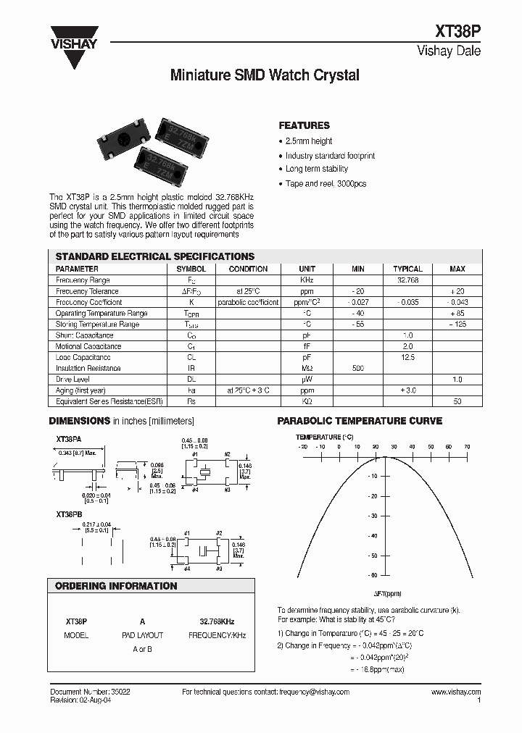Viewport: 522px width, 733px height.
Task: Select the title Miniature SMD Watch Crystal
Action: click(x=264, y=75)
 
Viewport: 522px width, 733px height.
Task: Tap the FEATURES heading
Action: click(x=304, y=125)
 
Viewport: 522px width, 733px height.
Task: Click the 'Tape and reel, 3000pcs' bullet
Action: click(x=326, y=183)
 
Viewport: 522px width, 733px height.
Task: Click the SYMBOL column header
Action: click(x=191, y=269)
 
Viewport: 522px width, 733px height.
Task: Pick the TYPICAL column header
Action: click(x=407, y=269)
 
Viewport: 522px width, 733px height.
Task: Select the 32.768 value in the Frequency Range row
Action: click(x=407, y=280)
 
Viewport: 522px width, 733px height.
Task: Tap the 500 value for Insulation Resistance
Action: click(x=358, y=369)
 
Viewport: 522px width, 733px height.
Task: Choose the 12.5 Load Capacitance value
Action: click(x=407, y=358)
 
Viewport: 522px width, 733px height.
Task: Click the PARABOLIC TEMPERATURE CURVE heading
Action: click(x=360, y=421)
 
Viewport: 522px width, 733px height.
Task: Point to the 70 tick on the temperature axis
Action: click(x=467, y=447)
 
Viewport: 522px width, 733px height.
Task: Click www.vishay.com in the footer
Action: click(x=456, y=692)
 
